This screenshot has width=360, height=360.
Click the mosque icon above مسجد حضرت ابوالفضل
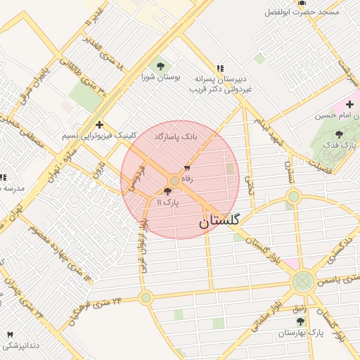tap(302, 3)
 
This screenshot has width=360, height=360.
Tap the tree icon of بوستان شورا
tap(161, 66)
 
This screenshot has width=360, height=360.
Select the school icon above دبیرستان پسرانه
tap(220, 69)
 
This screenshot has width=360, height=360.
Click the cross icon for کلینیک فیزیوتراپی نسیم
tap(99, 124)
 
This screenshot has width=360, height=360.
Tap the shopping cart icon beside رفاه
tap(187, 168)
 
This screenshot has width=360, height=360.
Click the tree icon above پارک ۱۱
tap(167, 191)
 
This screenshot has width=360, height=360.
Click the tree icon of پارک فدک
tap(340, 134)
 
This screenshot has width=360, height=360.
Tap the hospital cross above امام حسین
tap(349, 104)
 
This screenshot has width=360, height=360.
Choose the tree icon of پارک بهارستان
tap(301, 321)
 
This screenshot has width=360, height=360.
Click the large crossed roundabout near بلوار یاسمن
tap(303, 282)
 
